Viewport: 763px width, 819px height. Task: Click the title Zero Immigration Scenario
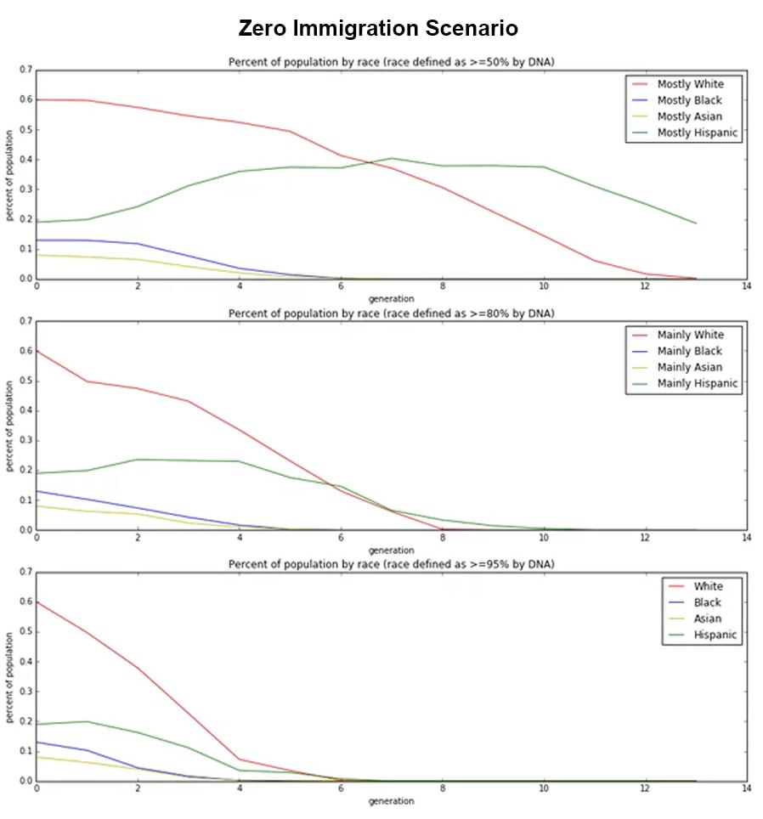[378, 28]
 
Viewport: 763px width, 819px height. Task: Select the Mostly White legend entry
[689, 84]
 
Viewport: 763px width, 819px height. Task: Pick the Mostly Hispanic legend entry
[697, 133]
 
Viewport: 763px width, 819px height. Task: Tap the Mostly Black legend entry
[689, 100]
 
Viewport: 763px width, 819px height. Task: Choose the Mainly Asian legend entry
[689, 367]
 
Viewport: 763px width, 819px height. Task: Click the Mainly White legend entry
[689, 335]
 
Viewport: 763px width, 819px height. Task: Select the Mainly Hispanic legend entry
[697, 383]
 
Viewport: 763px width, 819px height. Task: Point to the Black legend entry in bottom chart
[707, 602]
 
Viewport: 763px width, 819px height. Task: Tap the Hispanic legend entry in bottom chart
[715, 635]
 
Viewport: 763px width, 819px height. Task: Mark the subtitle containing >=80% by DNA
[391, 313]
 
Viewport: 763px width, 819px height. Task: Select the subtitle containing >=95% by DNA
[391, 565]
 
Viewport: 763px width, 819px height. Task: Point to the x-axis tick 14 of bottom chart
[746, 789]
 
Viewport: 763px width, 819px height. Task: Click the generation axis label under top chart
[391, 299]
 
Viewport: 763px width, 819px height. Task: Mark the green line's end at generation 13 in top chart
[696, 223]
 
